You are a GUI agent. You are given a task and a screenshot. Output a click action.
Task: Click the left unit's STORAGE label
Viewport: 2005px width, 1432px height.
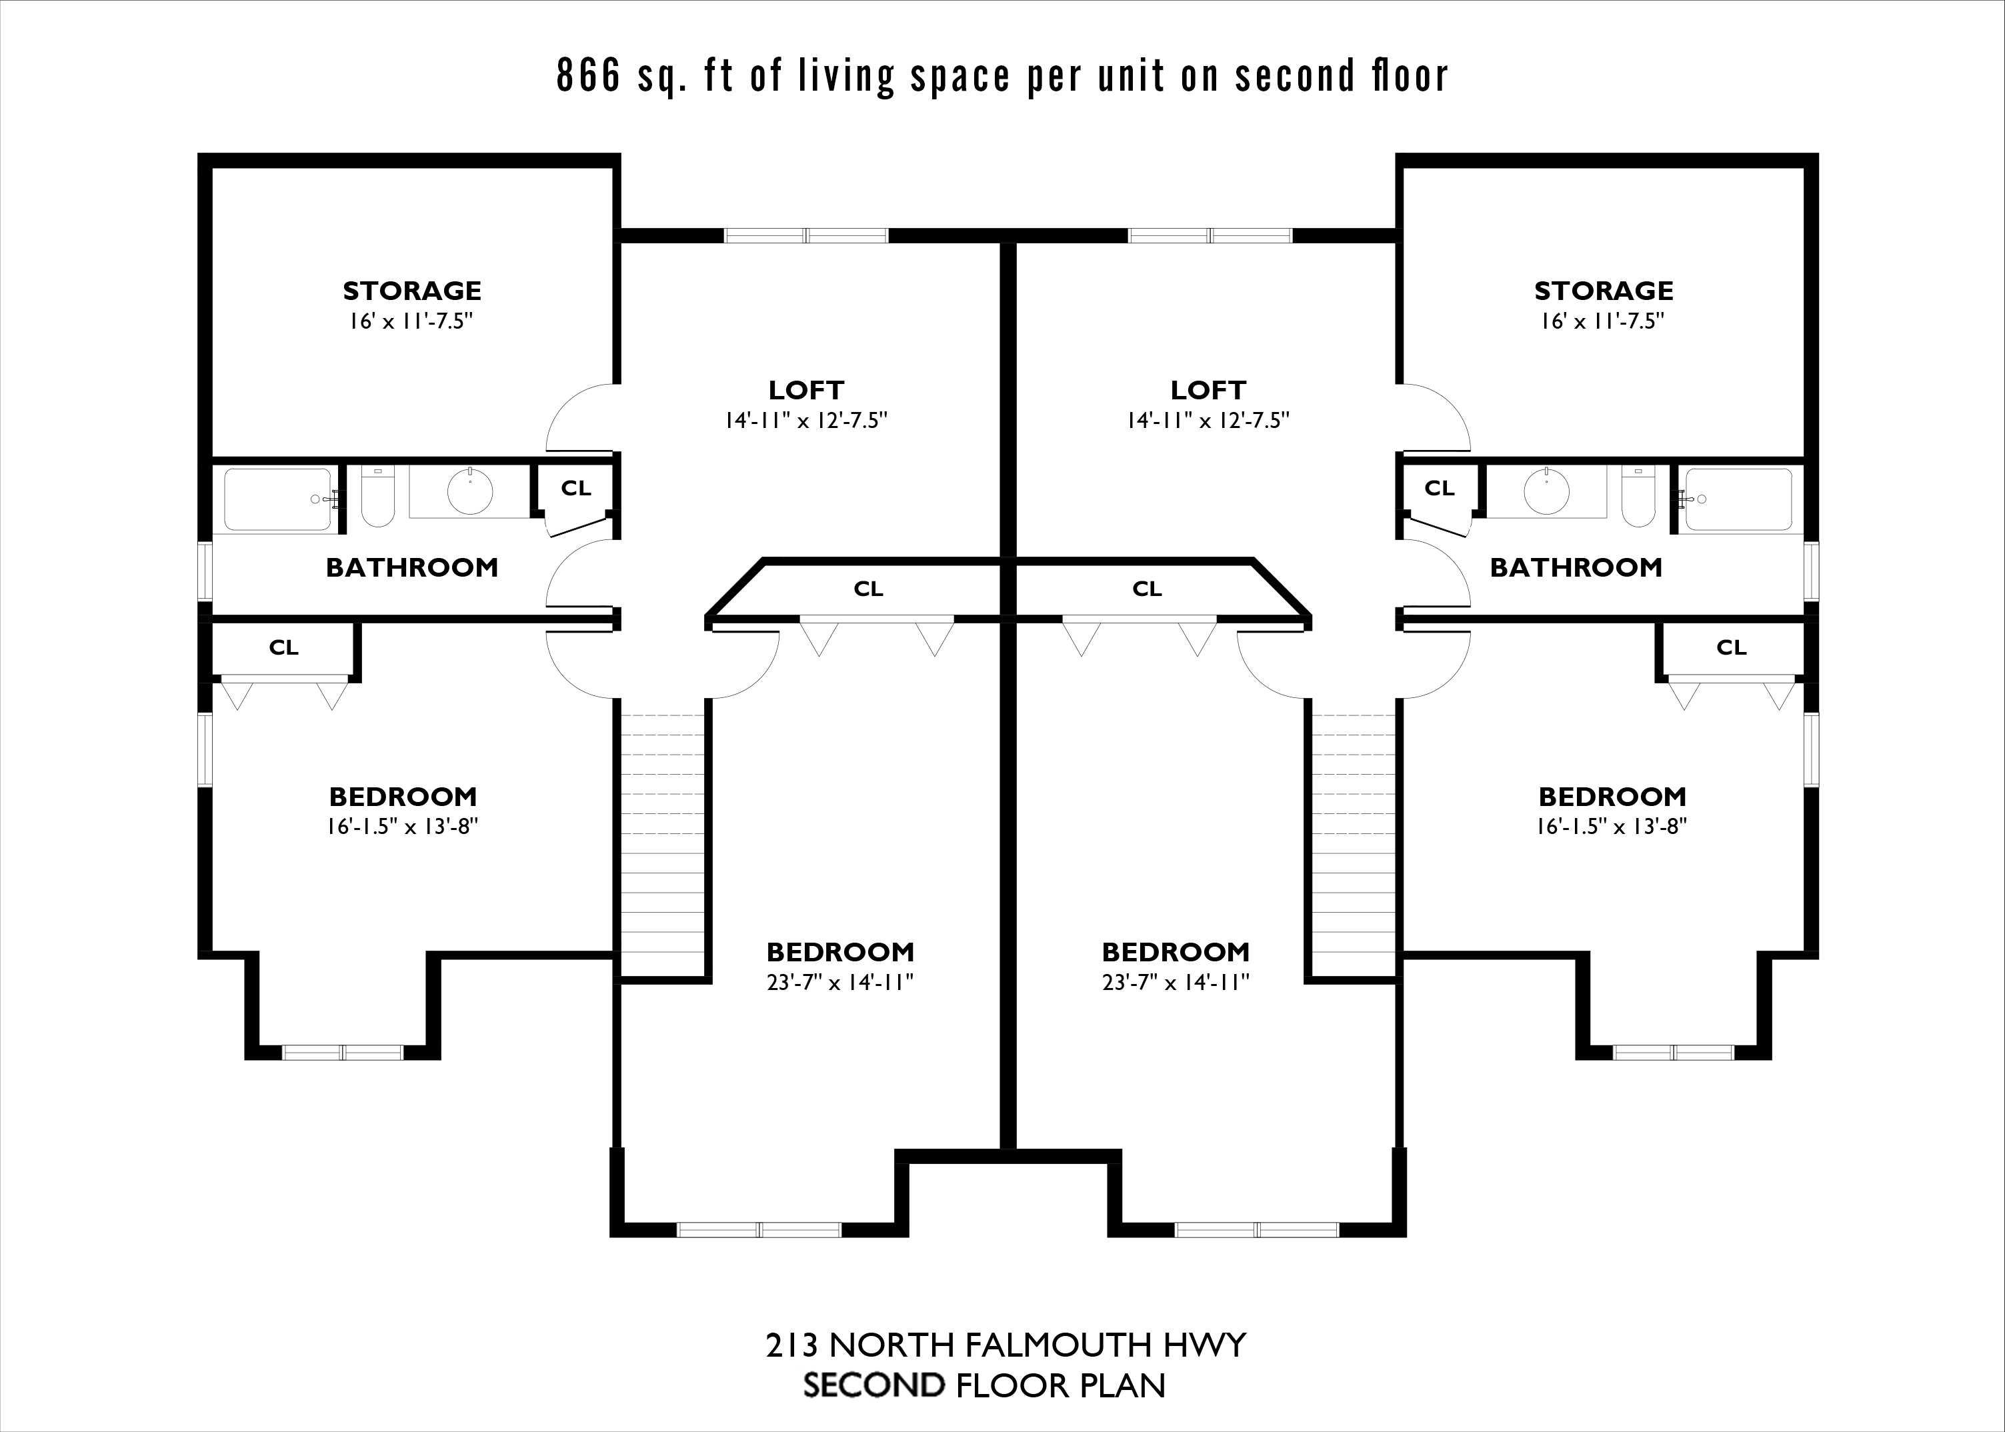tap(412, 290)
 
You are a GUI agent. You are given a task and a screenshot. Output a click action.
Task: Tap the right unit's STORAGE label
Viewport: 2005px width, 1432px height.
tap(1603, 290)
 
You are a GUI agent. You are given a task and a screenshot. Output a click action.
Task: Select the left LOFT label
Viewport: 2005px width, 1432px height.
tap(806, 390)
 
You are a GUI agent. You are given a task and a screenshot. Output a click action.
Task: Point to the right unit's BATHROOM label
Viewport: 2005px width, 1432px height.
tap(1576, 567)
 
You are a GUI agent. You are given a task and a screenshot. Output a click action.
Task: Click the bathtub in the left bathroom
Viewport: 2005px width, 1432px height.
tap(278, 499)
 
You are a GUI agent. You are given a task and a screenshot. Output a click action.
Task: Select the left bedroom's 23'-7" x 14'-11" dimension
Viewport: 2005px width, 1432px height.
tap(839, 982)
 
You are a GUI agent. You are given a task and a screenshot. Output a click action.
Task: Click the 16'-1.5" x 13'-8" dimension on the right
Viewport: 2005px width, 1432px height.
tap(1612, 826)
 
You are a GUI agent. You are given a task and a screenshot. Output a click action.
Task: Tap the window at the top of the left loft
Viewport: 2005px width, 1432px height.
tap(806, 235)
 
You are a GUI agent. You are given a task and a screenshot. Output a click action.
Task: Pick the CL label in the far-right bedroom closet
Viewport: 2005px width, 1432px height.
tap(1731, 648)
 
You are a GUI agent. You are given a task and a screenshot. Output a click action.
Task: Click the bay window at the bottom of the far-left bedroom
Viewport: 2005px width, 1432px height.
tap(342, 1052)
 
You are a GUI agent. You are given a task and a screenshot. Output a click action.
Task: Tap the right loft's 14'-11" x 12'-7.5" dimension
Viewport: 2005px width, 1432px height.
tap(1208, 421)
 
